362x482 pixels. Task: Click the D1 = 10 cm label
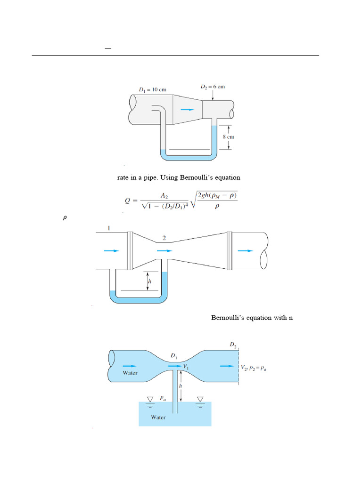point(152,89)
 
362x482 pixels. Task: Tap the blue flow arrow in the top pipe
point(187,110)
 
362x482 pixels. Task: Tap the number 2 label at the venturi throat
point(164,238)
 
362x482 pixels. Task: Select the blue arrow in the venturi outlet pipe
point(245,251)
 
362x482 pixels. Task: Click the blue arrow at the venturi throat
point(165,251)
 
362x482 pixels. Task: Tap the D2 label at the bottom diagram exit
point(233,345)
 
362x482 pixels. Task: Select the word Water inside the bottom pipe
point(130,373)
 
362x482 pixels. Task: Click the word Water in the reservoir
point(158,417)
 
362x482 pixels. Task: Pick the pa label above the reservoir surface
point(162,398)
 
